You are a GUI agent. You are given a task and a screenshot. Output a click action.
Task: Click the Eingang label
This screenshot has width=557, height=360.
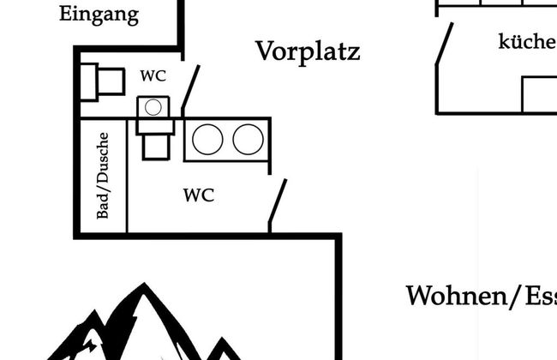click(99, 15)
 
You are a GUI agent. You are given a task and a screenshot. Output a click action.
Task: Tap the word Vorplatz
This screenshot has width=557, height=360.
click(308, 51)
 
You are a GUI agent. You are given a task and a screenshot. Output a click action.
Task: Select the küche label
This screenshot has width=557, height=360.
click(527, 41)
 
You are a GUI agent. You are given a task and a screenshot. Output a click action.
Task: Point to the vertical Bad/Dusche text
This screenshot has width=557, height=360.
click(103, 175)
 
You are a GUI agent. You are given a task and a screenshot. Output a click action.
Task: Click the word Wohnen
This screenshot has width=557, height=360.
click(456, 297)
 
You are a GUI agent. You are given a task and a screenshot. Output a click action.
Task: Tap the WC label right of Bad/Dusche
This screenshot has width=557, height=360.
click(198, 195)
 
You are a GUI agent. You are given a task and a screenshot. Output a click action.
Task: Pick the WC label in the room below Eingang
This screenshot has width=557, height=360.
click(153, 75)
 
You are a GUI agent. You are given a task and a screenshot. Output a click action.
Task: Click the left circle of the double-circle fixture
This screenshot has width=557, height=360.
click(207, 140)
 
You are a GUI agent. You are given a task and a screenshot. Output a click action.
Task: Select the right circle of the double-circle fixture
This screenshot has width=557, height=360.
click(248, 140)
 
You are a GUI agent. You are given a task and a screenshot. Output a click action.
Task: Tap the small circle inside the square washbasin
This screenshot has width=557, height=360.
click(153, 107)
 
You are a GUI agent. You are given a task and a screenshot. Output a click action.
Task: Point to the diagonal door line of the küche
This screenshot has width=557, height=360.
click(444, 44)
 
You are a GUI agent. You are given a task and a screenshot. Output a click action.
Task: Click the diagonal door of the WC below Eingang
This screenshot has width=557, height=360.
click(190, 89)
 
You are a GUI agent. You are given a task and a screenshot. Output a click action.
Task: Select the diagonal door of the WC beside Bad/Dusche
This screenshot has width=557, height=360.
click(278, 202)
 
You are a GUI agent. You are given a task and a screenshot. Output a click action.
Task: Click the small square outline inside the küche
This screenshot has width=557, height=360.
click(539, 94)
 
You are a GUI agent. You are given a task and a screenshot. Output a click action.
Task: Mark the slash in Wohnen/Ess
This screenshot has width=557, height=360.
click(514, 297)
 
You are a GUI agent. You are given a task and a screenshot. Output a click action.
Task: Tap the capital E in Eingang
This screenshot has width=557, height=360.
click(66, 15)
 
